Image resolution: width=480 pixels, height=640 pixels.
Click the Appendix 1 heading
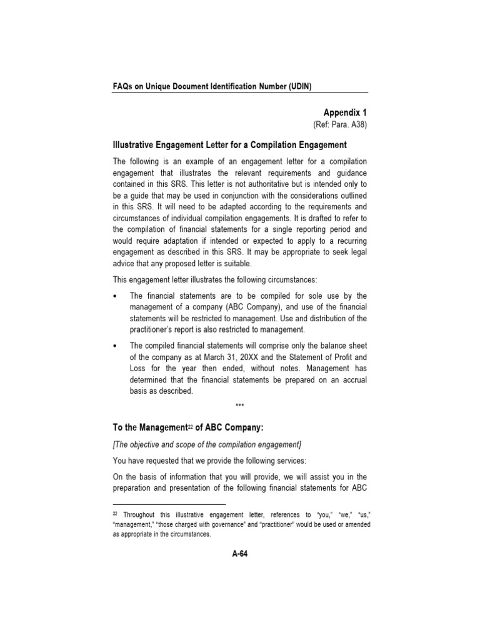click(x=345, y=112)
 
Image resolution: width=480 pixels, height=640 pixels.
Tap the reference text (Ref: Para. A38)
click(x=340, y=125)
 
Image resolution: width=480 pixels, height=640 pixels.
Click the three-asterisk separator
click(x=240, y=406)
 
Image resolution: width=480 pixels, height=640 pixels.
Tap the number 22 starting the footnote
click(x=116, y=513)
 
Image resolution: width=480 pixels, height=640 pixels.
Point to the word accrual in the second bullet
click(x=348, y=381)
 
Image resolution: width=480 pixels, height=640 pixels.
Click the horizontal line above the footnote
click(x=169, y=504)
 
